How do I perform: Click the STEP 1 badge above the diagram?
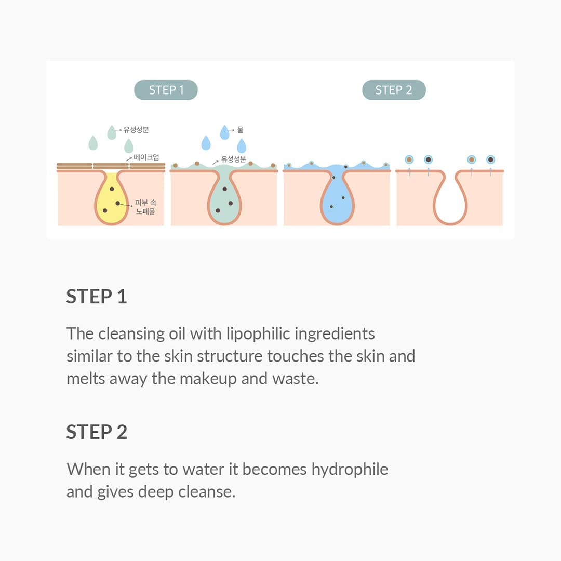click(x=166, y=90)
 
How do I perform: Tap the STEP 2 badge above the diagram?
click(x=394, y=90)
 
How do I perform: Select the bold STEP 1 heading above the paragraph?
click(x=97, y=296)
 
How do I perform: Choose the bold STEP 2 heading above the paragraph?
click(x=97, y=432)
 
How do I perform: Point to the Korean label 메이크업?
click(x=146, y=157)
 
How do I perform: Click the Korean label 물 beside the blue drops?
click(x=240, y=130)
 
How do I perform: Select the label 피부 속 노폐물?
click(x=145, y=207)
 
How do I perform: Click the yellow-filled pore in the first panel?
click(x=111, y=200)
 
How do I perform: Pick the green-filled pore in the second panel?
click(x=224, y=200)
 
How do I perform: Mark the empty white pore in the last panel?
click(x=449, y=200)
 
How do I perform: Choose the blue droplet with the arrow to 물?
click(x=224, y=132)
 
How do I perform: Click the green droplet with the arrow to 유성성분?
click(x=112, y=132)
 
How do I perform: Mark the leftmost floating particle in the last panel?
click(x=409, y=159)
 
